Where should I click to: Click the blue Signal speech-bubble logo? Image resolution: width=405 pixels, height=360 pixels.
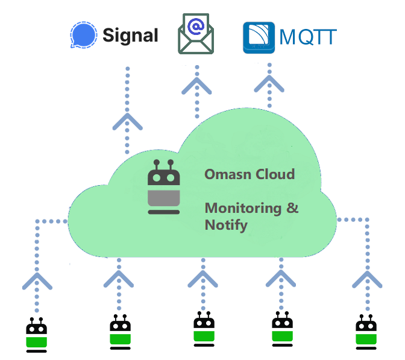tap(84, 35)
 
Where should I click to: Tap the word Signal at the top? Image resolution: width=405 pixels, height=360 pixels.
tap(130, 35)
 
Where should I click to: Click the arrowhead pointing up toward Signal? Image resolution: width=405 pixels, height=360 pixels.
tap(127, 121)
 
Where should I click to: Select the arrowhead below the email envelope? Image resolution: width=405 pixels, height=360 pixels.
tap(196, 86)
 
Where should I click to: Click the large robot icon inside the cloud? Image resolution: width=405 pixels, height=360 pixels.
tap(164, 188)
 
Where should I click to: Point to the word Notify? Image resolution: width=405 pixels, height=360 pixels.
tap(226, 226)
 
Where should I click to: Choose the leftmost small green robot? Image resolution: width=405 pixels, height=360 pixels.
tap(37, 335)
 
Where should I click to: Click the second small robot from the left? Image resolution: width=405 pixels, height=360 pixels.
tap(120, 332)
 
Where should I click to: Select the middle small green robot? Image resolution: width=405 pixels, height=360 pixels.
tap(204, 329)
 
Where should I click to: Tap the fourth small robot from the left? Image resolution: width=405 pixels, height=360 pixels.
tap(281, 329)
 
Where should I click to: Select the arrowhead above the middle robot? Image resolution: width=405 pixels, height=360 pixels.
tap(203, 277)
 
